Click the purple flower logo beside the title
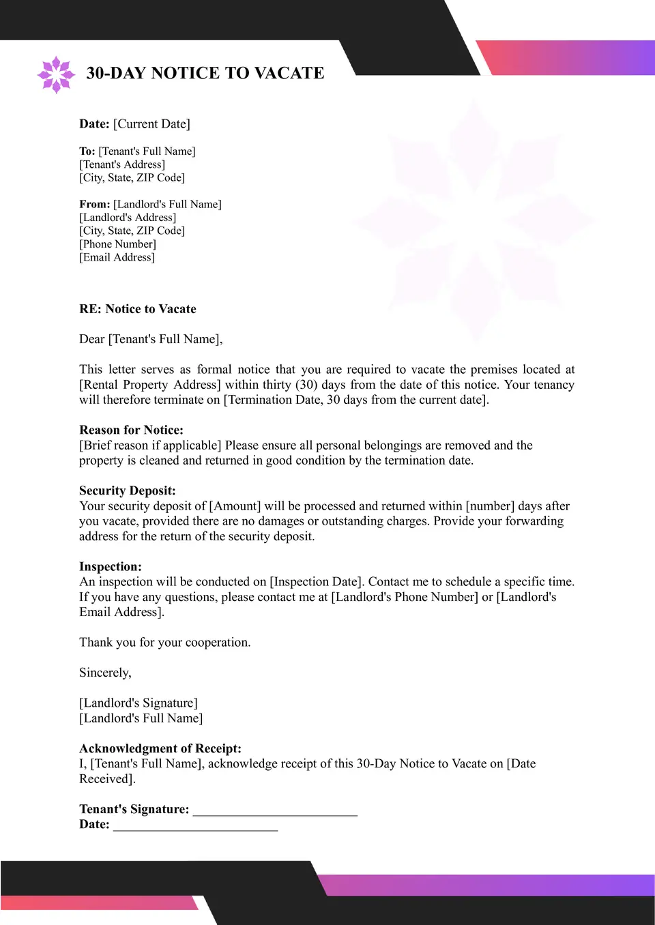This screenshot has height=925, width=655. coord(55,74)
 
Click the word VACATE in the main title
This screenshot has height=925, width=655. coord(289,73)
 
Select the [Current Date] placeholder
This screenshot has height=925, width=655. coord(151,124)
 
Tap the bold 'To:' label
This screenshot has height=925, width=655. coord(87,151)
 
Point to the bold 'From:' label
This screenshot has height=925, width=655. coord(94,205)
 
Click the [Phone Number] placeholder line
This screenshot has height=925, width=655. coord(117,244)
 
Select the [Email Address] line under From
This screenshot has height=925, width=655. coord(117,257)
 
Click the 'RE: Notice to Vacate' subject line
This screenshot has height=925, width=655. coord(137,309)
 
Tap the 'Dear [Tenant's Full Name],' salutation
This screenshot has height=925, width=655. coord(151,339)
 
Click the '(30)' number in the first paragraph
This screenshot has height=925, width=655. coord(306,385)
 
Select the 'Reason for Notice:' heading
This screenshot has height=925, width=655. coord(131,430)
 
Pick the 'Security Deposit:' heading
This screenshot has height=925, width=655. coord(127,491)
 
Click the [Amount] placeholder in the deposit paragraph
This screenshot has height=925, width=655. coord(235,506)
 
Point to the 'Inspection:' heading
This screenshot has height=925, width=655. coord(110,567)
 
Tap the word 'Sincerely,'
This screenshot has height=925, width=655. coord(105,673)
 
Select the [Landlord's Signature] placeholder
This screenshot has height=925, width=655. coord(138,703)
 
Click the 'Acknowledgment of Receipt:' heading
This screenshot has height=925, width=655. coord(160,749)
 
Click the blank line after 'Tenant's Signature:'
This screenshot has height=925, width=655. coord(275,810)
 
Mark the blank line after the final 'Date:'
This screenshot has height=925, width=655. coord(195,825)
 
